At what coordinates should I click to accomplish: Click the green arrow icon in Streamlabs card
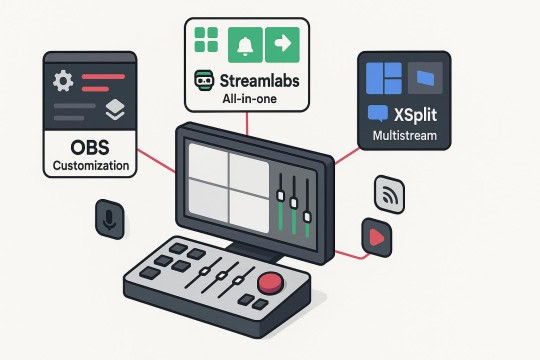tap(283, 43)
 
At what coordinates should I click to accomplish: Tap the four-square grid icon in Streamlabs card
tap(205, 43)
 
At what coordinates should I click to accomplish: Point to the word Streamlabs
tap(257, 80)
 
